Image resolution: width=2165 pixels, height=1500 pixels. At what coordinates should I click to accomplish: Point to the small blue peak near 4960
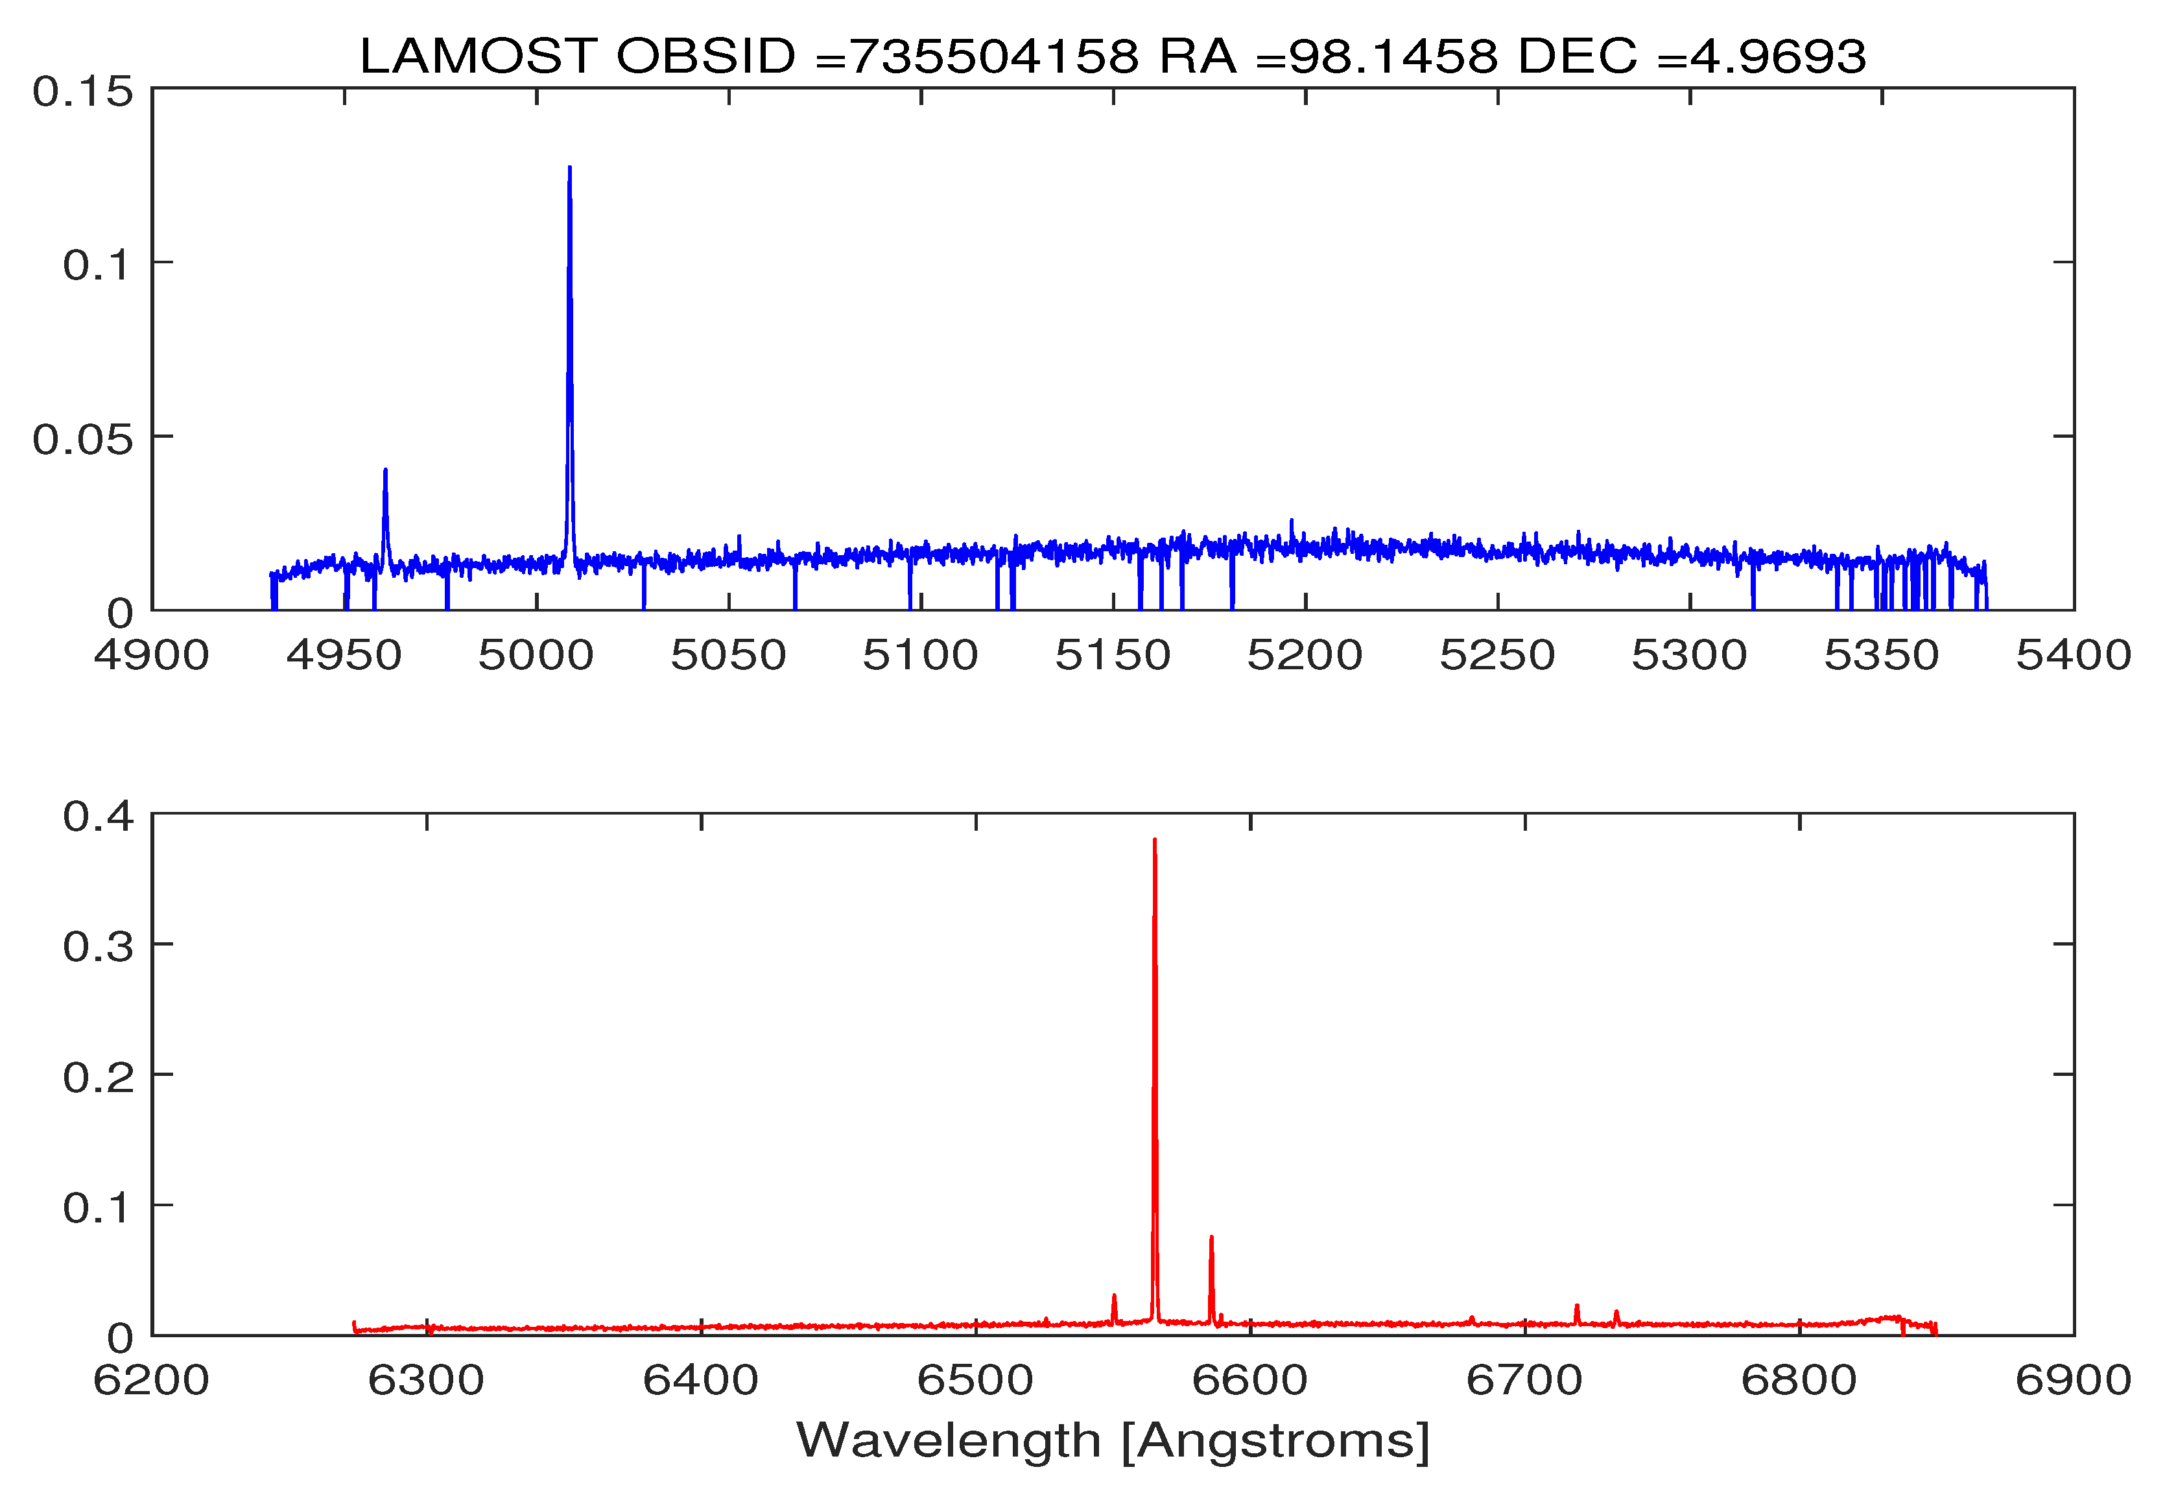pyautogui.click(x=385, y=472)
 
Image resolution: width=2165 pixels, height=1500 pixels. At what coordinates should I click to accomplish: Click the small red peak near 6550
pyautogui.click(x=1113, y=1298)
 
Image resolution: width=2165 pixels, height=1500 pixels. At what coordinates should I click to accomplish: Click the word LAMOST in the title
pyautogui.click(x=477, y=56)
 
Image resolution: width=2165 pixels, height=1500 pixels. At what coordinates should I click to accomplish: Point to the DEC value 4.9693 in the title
pyautogui.click(x=1777, y=56)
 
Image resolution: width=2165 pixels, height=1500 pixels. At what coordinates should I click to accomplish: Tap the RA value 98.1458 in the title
pyautogui.click(x=1391, y=56)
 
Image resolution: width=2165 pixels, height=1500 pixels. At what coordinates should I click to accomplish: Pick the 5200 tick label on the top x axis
pyautogui.click(x=1305, y=655)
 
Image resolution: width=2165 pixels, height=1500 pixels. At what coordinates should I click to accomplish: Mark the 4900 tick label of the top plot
pyautogui.click(x=151, y=655)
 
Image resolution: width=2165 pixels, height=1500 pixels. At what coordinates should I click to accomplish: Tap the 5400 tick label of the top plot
pyautogui.click(x=2073, y=655)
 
